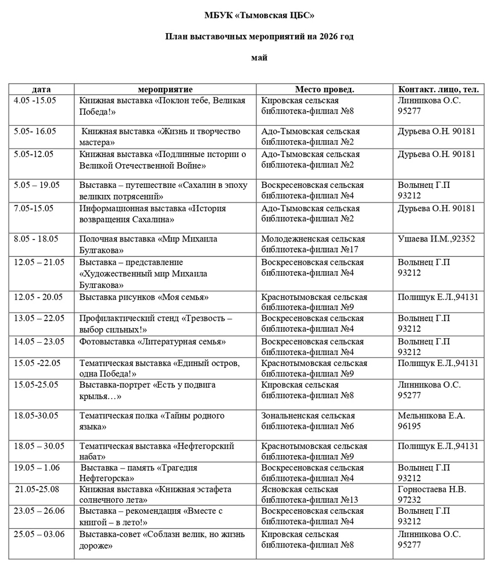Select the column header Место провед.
click(324, 89)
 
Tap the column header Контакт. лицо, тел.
click(438, 89)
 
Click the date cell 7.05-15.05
click(34, 208)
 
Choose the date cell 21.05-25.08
click(37, 489)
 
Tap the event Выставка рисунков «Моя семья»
click(144, 297)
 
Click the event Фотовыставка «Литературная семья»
click(152, 342)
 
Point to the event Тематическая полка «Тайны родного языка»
click(152, 421)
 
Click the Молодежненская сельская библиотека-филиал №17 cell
click(313, 244)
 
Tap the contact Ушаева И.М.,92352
click(436, 239)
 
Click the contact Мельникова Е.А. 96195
click(432, 421)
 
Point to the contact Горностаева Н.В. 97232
click(432, 494)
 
